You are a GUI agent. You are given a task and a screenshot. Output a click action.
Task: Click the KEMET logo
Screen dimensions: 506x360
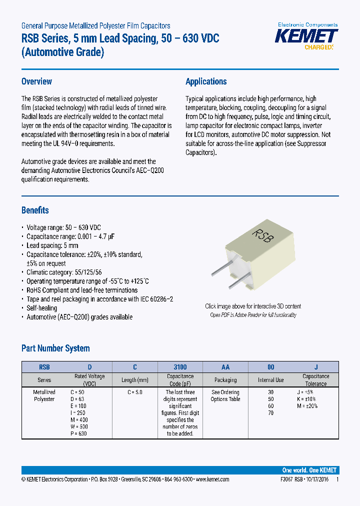point(307,36)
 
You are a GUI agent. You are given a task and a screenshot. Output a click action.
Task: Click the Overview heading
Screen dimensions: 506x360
point(36,81)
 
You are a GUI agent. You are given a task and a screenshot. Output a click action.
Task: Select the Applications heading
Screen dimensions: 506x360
point(206,81)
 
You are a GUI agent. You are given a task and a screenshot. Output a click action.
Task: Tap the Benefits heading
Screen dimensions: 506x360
point(35,210)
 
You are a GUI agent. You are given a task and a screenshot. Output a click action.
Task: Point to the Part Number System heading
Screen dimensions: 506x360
point(55,348)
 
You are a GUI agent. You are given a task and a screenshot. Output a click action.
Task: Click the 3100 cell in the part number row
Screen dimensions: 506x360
point(180,366)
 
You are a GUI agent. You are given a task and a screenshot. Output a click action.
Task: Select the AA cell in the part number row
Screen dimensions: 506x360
point(225,366)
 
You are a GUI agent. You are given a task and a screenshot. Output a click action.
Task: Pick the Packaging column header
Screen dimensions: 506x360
point(225,380)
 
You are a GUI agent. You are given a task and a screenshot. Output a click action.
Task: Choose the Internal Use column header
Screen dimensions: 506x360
point(270,380)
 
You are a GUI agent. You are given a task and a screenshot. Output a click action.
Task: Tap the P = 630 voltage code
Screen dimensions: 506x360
point(79,433)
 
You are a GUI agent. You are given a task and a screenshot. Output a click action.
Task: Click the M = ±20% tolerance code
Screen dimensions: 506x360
point(307,406)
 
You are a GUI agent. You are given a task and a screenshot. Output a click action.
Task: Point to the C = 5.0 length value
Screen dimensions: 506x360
point(134,392)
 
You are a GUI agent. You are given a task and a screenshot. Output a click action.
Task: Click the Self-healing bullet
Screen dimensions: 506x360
point(41,308)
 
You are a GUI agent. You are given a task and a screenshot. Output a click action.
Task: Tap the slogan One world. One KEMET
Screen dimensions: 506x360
point(309,470)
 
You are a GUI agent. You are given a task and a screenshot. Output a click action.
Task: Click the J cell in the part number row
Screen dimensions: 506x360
point(315,366)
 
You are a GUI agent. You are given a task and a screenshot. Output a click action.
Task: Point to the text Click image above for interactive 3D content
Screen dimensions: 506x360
point(253,306)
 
